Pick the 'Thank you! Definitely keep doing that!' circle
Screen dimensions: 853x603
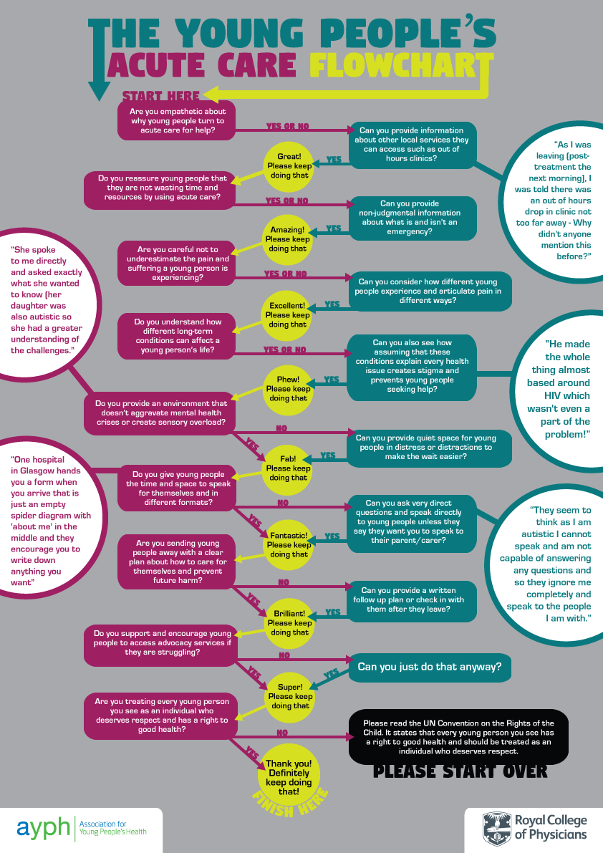pos(289,773)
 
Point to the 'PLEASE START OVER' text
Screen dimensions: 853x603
pos(460,771)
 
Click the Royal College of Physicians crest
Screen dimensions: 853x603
pos(496,827)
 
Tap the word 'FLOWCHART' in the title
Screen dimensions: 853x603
pos(392,65)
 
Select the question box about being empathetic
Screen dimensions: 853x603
pos(177,121)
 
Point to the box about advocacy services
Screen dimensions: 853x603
pos(158,643)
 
